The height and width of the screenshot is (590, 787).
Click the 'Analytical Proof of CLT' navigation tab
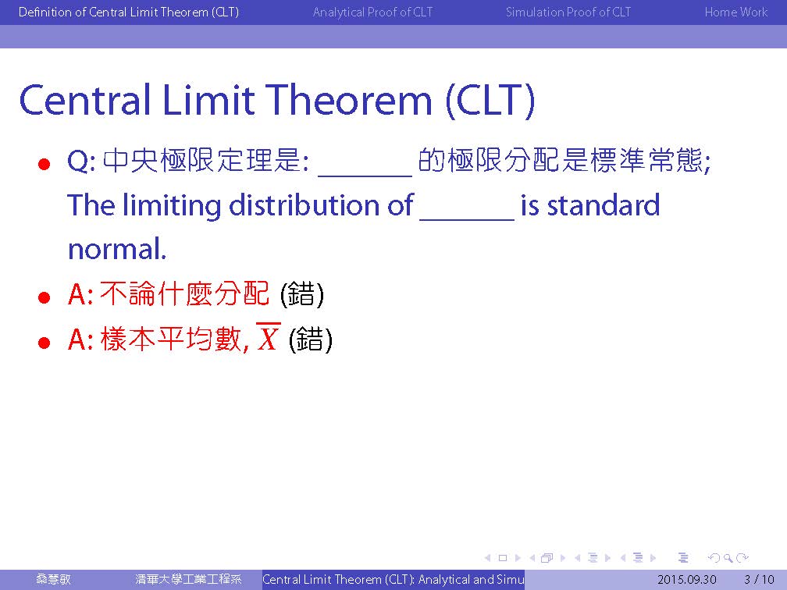pos(372,12)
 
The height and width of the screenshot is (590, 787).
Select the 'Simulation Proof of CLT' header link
pos(568,12)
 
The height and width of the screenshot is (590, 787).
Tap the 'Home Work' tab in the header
pos(735,12)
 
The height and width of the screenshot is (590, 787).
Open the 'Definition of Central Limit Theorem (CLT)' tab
pos(129,12)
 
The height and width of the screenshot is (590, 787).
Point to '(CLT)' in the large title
pos(490,101)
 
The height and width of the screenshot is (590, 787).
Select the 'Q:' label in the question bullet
pos(81,162)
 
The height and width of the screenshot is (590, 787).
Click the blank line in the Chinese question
pos(365,175)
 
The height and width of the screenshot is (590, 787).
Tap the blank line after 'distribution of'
pos(467,219)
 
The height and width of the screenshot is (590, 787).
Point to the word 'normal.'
pos(117,250)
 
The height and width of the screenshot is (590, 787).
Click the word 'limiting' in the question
pos(172,206)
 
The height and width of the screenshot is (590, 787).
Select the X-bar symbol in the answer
pos(268,336)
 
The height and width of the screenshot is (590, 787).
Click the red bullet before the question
pos(45,164)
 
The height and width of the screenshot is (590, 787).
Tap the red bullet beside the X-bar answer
pos(45,343)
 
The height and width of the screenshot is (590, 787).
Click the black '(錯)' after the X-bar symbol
pos(311,339)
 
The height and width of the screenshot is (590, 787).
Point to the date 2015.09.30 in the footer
pos(686,579)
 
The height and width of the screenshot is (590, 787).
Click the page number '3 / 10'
pos(760,579)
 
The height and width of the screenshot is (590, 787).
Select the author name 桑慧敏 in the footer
pos(53,579)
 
